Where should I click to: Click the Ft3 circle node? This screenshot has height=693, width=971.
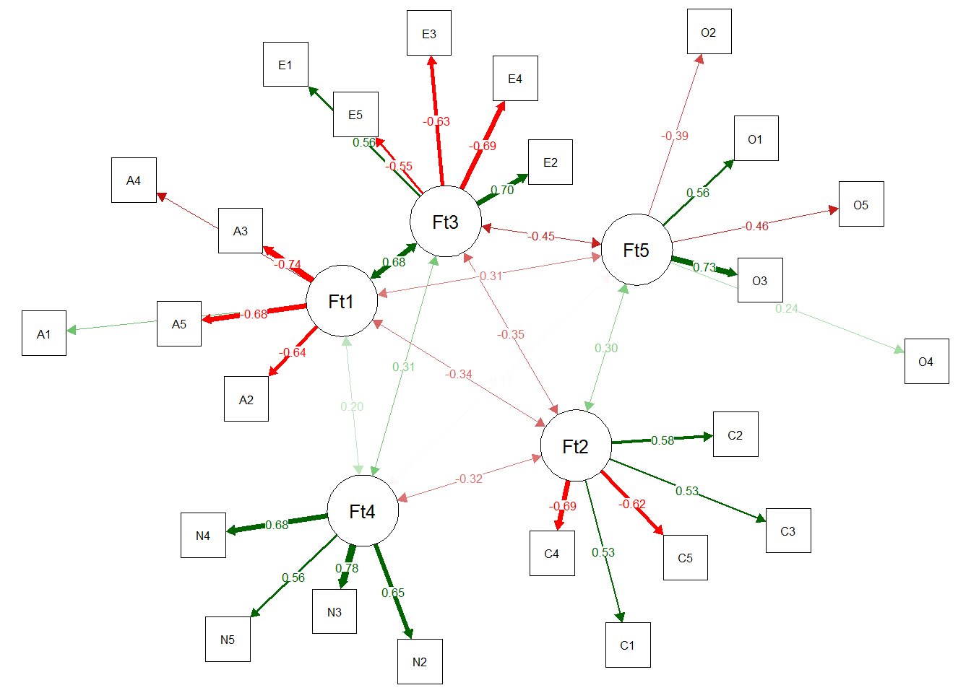[445, 222]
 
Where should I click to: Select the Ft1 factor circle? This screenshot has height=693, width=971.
[342, 301]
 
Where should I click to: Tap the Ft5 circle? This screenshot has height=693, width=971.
[636, 250]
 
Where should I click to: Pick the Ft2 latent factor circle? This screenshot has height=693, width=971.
[576, 446]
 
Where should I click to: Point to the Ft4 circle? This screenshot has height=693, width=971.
[363, 511]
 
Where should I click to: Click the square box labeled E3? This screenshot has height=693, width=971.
[429, 33]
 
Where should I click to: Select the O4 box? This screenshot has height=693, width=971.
[926, 361]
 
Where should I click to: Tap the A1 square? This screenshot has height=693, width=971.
[44, 334]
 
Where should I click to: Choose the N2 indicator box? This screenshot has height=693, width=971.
[420, 661]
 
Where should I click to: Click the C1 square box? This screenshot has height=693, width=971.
[628, 645]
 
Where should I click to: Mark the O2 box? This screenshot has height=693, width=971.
[709, 32]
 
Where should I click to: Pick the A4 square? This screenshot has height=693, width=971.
[134, 180]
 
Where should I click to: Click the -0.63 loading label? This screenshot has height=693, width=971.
[436, 121]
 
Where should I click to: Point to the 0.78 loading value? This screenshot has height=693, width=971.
[347, 568]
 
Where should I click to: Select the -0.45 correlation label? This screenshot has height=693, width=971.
[541, 236]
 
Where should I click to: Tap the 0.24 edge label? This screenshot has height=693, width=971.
[787, 308]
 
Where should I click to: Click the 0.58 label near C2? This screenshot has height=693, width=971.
[663, 440]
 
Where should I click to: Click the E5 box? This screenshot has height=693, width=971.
[355, 115]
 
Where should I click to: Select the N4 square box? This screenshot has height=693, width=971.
[203, 536]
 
